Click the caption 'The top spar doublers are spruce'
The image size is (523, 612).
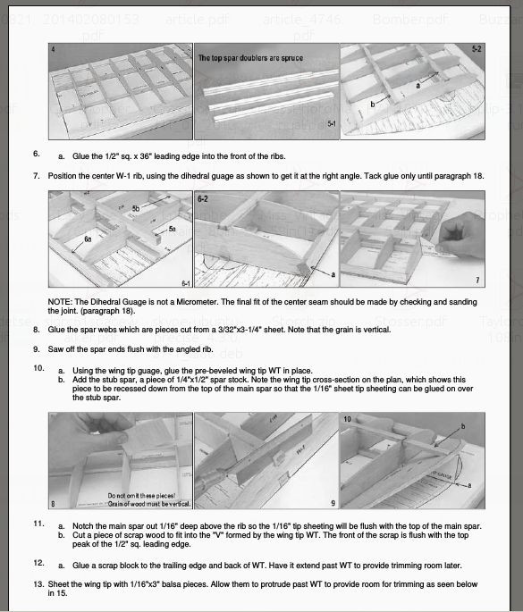pos(249,58)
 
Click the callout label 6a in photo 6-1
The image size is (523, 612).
pos(88,239)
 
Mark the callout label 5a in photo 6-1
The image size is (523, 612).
pos(172,230)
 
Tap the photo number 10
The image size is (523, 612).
pos(349,418)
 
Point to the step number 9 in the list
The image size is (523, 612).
pos(36,348)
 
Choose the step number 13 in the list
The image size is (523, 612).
pos(38,584)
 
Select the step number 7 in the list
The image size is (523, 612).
pos(36,175)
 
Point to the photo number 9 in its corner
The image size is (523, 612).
pos(332,503)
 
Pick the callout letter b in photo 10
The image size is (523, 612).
pos(462,426)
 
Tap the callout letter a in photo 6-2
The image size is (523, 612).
pos(333,274)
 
